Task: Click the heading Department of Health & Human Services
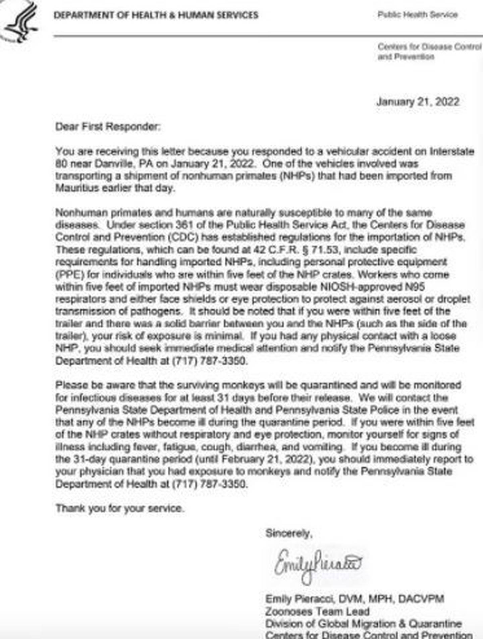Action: pos(156,15)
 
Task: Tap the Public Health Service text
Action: pos(417,15)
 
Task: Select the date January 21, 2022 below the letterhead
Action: pos(418,102)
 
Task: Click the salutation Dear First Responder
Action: pos(108,127)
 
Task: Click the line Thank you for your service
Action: pos(120,508)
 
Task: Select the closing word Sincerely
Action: pos(288,533)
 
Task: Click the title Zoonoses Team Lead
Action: pos(317,612)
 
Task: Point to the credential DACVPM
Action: pos(421,599)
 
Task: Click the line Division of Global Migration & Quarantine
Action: pos(363,624)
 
